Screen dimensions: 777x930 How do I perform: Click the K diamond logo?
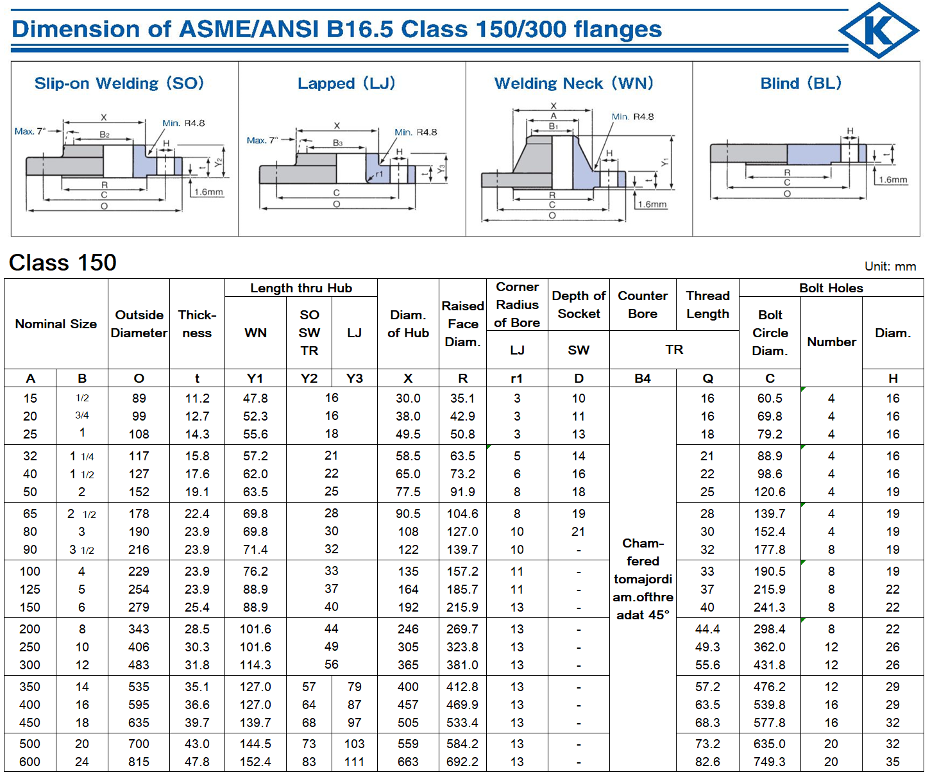(878, 30)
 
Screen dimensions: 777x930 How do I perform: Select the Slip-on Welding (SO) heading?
(119, 83)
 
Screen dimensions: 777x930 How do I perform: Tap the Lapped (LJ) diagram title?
(346, 83)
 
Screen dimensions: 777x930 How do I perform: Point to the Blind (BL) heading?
(800, 83)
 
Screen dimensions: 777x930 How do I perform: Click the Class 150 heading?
(63, 262)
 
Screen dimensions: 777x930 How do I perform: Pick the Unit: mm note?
(890, 266)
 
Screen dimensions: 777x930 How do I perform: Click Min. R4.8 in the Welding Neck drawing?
(632, 117)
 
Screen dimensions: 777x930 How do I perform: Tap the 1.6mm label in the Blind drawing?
(893, 180)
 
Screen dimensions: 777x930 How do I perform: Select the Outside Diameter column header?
(139, 324)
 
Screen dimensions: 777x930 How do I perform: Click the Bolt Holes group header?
(831, 288)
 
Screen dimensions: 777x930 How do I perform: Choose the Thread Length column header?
(707, 305)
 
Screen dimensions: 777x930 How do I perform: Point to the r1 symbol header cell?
(517, 378)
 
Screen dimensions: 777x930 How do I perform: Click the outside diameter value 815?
(139, 762)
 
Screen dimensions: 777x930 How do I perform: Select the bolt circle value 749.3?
(770, 762)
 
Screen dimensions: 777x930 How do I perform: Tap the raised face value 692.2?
(462, 762)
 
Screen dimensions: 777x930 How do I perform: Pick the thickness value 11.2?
(197, 398)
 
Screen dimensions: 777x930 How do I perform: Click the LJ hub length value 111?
(354, 762)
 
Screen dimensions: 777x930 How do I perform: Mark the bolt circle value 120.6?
(770, 492)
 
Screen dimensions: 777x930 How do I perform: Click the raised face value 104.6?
(462, 514)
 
